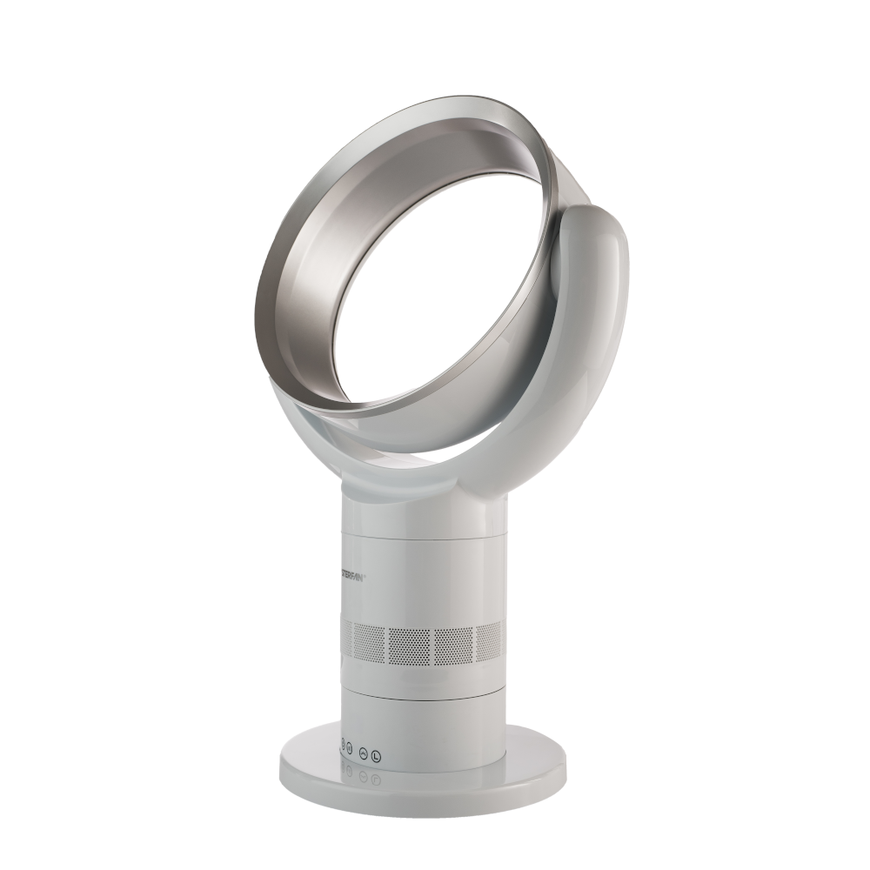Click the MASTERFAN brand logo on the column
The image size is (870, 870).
pyautogui.click(x=355, y=577)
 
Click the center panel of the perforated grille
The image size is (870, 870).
pyautogui.click(x=406, y=643)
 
